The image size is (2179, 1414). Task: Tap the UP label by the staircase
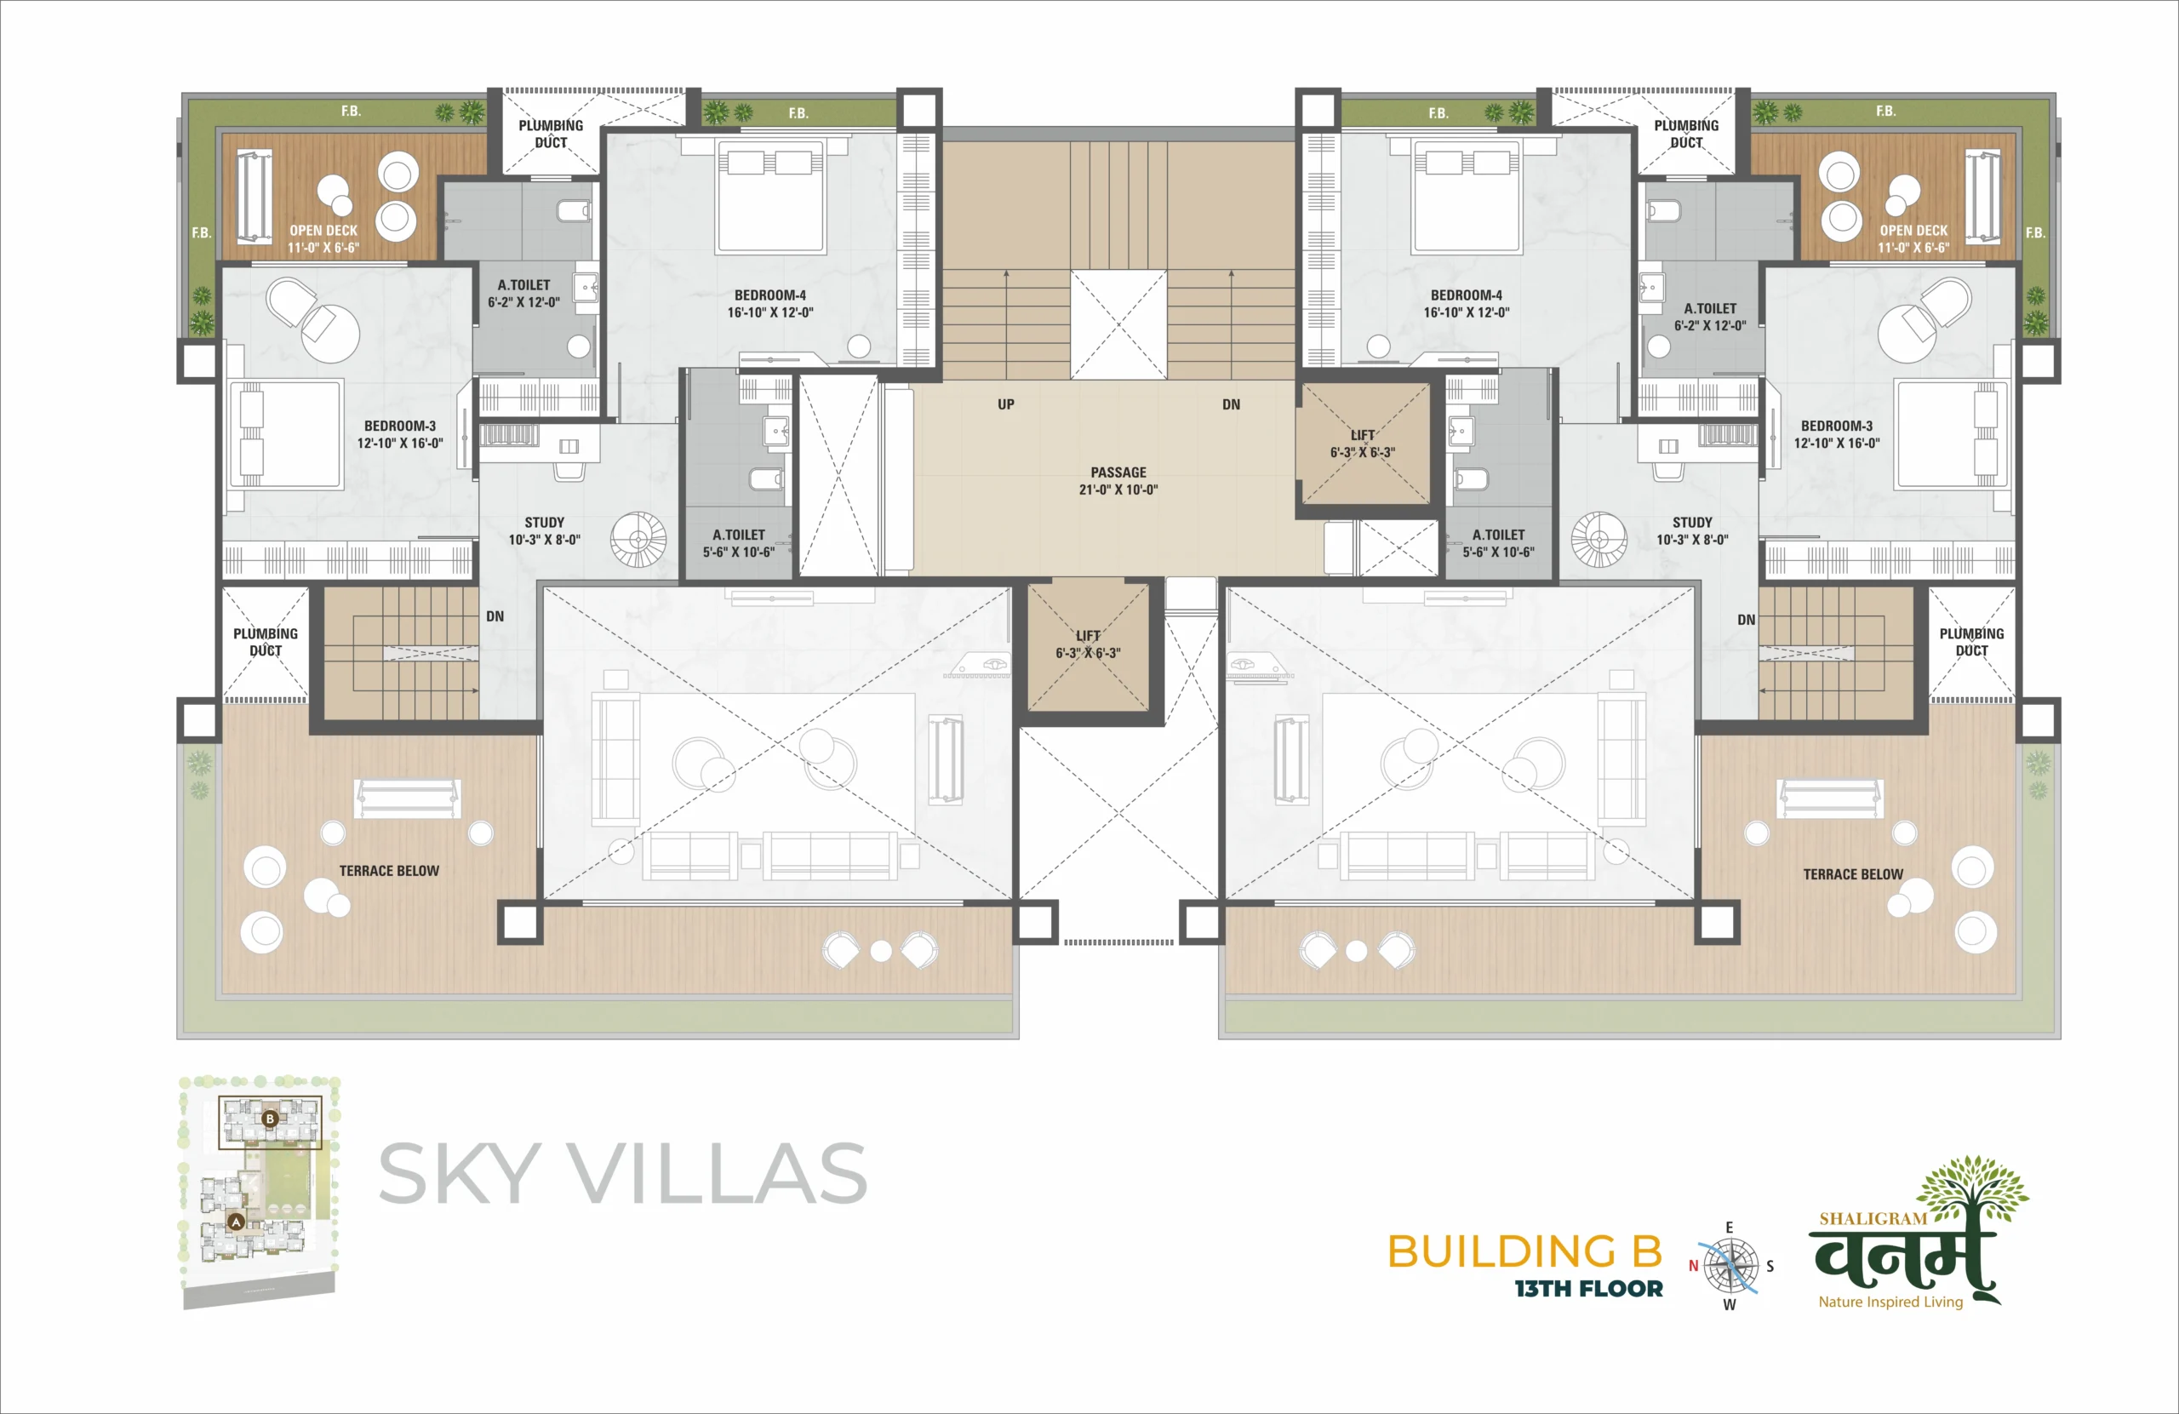coord(1006,404)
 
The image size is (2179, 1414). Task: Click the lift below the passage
coord(1088,646)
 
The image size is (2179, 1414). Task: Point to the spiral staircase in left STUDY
coord(639,540)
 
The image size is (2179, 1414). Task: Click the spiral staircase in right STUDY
coord(1599,540)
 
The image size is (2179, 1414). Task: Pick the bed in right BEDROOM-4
coord(1467,196)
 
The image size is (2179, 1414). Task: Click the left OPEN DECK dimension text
coord(323,247)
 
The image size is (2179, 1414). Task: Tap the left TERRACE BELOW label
coord(389,871)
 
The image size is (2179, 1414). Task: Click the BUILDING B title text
coord(1524,1251)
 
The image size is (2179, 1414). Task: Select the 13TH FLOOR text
coord(1588,1289)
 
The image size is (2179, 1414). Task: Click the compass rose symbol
coord(1730,1267)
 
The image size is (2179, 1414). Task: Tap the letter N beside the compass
coord(1693,1266)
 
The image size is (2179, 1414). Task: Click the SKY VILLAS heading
coord(622,1173)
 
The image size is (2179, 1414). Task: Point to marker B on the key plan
coord(270,1119)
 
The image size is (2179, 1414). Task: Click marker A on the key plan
coord(237,1222)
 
